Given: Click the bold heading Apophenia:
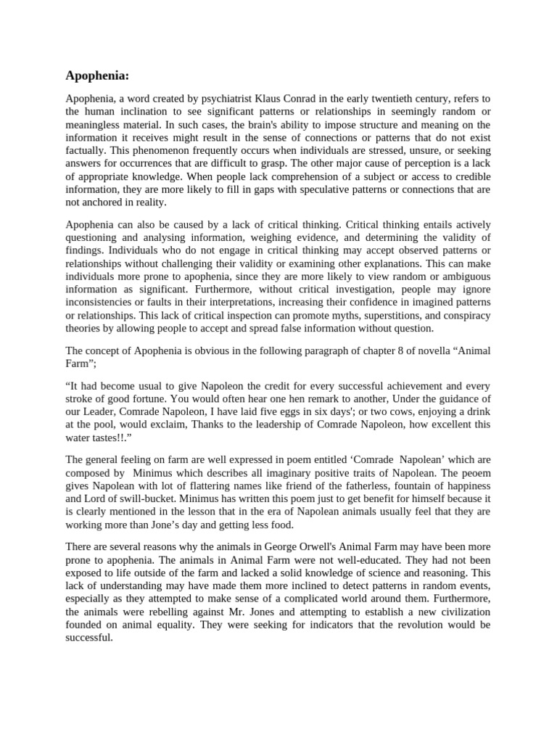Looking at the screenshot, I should (x=96, y=75).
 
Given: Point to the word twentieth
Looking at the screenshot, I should (x=406, y=99).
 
